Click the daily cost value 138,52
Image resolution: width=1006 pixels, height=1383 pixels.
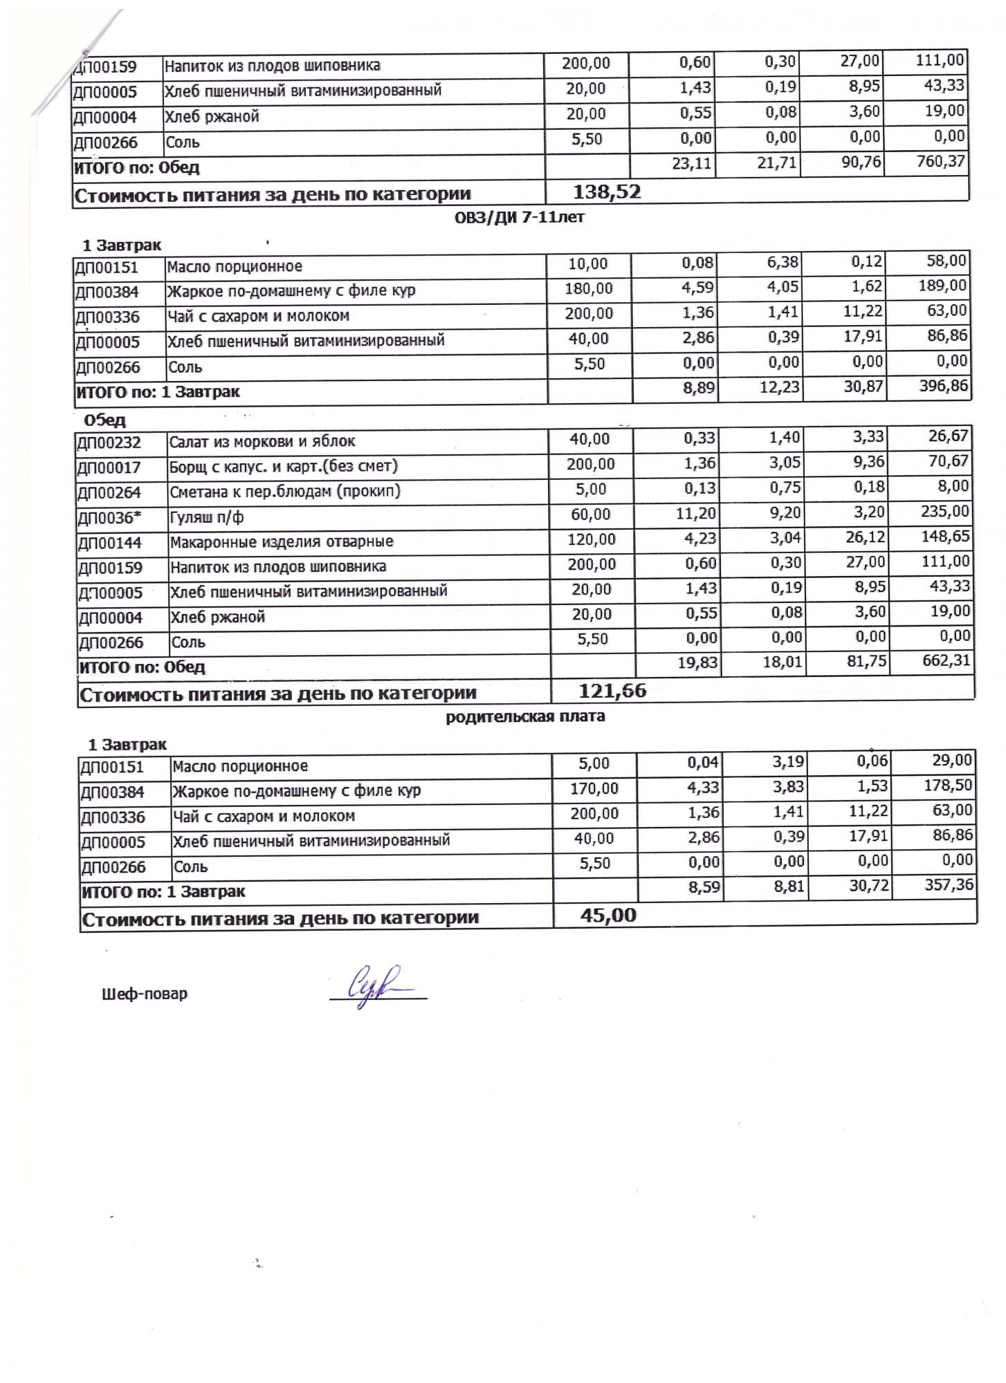[607, 192]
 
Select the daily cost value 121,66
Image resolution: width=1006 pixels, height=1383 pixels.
[612, 690]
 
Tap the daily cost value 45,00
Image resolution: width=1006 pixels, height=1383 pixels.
[609, 915]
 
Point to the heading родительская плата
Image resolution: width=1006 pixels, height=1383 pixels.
[525, 716]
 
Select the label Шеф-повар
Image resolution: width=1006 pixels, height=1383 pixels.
[144, 994]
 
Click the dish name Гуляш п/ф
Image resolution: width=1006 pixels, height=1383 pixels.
[206, 517]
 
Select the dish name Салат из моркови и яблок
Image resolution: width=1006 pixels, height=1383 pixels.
[262, 441]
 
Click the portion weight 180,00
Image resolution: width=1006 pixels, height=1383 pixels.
[589, 288]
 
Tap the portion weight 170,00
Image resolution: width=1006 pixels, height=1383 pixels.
[594, 788]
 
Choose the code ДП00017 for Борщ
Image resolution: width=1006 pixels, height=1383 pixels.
[109, 467]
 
